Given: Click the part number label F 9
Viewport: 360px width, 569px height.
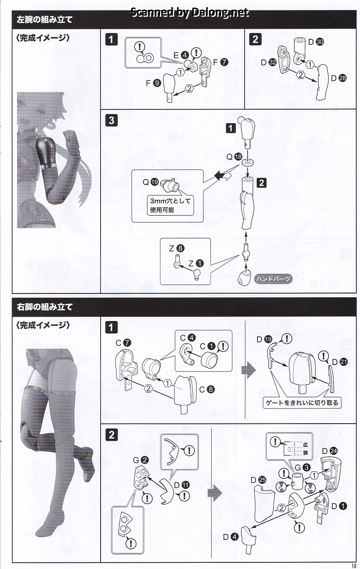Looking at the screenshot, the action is tap(153, 83).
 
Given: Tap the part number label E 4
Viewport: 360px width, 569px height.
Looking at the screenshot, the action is tap(181, 55).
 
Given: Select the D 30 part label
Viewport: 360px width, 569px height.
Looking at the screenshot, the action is tap(316, 42).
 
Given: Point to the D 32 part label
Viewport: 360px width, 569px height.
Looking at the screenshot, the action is tap(269, 62).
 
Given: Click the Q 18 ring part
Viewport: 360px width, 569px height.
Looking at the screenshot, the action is tap(247, 162).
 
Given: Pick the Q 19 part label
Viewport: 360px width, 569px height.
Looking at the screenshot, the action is tap(151, 182).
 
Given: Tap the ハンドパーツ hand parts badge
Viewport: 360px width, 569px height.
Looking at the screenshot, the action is tap(273, 279).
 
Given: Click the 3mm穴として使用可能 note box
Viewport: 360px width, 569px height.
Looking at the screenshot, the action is tap(170, 205).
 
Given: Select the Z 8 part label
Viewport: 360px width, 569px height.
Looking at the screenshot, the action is tap(177, 248).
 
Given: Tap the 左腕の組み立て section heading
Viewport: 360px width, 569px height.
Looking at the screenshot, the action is tap(44, 19).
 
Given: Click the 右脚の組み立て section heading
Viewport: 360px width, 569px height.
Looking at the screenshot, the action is tap(44, 307).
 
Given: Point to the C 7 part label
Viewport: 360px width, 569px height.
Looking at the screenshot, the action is tap(123, 343).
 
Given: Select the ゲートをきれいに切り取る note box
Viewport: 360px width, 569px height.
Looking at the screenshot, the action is tap(302, 403).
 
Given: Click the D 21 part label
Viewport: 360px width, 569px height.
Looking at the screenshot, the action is tap(340, 362).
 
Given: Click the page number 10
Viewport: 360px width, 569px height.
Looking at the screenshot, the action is tap(355, 565).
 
